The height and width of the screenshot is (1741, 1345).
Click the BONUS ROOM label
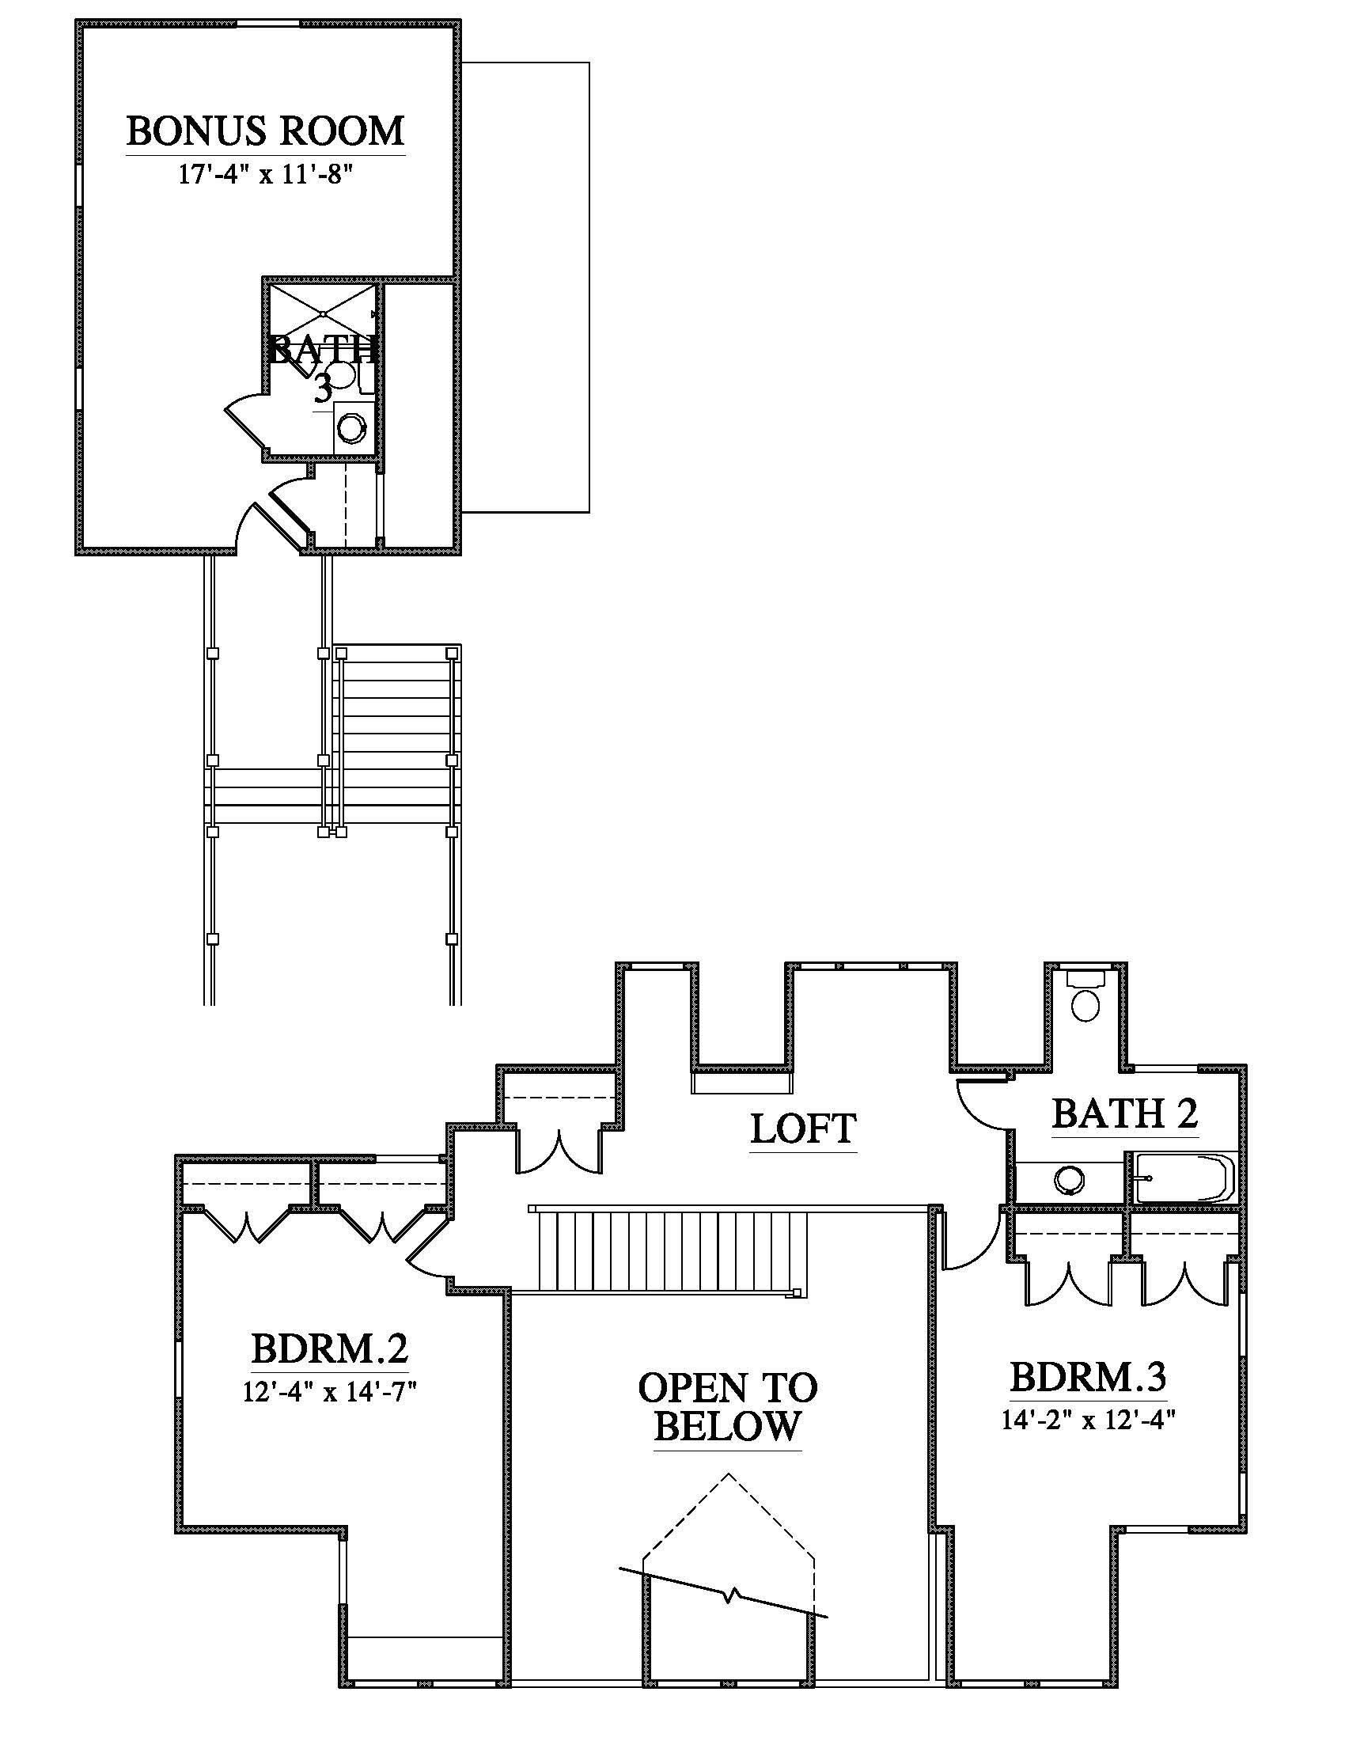265,131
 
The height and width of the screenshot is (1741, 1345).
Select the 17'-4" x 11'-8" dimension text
264,176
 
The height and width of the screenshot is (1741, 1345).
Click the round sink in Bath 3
350,428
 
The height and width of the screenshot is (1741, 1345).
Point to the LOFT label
803,1128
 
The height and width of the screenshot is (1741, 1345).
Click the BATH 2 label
1125,1113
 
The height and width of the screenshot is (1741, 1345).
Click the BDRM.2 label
330,1349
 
